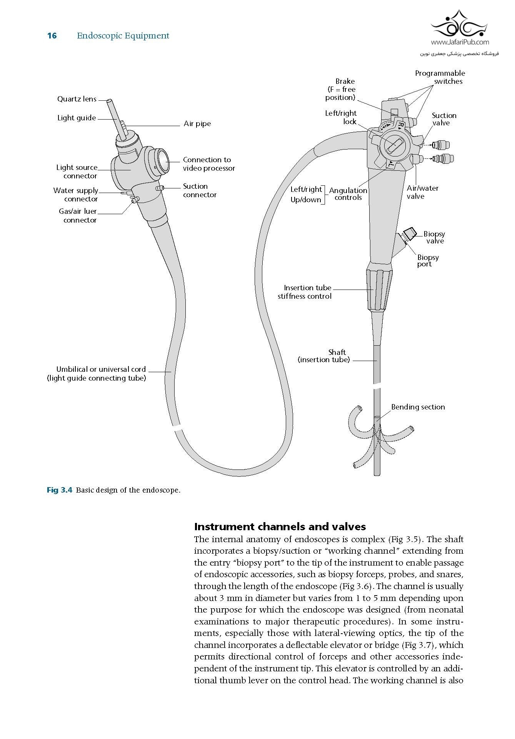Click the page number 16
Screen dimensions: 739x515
pyautogui.click(x=52, y=36)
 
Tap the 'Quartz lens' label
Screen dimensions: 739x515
pyautogui.click(x=77, y=99)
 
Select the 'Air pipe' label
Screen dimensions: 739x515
pyautogui.click(x=197, y=124)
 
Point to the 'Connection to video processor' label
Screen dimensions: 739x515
pyautogui.click(x=208, y=164)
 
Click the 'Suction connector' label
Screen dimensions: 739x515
pyautogui.click(x=200, y=190)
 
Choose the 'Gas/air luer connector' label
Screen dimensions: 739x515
pyautogui.click(x=80, y=216)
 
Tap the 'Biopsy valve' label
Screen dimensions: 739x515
pyautogui.click(x=434, y=237)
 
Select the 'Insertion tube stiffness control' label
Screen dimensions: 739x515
pyautogui.click(x=305, y=292)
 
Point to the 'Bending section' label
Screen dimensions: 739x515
pyautogui.click(x=418, y=407)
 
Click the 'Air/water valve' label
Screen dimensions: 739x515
pyautogui.click(x=422, y=192)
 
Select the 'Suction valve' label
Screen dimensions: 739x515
pyautogui.click(x=443, y=119)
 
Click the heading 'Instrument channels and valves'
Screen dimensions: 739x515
pyautogui.click(x=280, y=526)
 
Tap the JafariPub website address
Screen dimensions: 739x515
pyautogui.click(x=460, y=42)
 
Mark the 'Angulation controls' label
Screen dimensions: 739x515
pyautogui.click(x=348, y=194)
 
